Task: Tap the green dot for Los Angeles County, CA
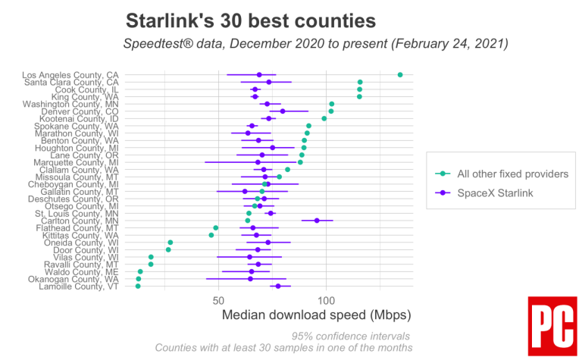pos(400,74)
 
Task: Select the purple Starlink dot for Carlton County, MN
pos(317,221)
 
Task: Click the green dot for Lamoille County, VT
pos(138,286)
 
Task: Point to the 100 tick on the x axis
pos(326,301)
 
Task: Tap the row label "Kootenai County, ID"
pos(82,118)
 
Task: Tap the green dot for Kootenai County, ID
pos(324,118)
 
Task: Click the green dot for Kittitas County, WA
pos(211,235)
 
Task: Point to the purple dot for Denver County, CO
pos(283,111)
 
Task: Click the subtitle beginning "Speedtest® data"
pos(315,43)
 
